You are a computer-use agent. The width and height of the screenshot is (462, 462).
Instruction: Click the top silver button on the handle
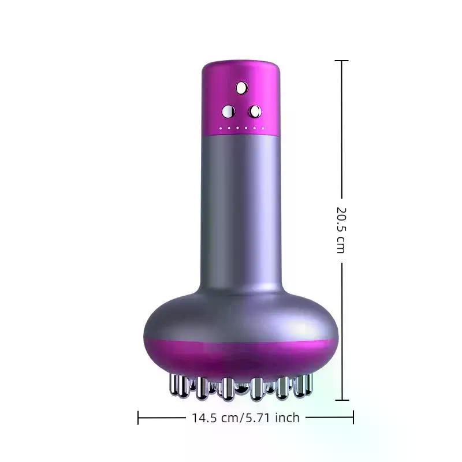tap(241, 88)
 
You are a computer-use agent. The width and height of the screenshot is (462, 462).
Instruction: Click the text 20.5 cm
tap(341, 230)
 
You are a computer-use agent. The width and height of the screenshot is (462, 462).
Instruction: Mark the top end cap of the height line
tap(342, 61)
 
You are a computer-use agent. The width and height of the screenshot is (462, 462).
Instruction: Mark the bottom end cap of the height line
tap(342, 400)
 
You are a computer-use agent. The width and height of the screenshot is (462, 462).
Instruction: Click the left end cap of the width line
tap(139, 417)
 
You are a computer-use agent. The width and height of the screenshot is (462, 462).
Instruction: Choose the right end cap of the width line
tap(353, 417)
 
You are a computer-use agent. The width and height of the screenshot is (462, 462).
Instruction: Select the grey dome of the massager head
tap(241, 315)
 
